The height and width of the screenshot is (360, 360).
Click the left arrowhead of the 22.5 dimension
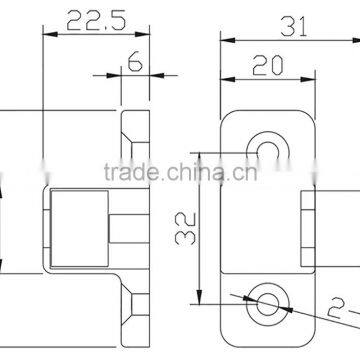pyautogui.click(x=48, y=36)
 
